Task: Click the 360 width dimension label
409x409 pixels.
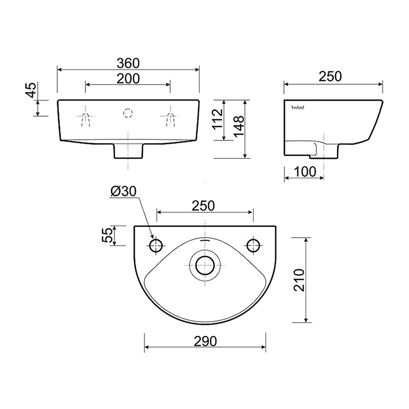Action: (x=128, y=63)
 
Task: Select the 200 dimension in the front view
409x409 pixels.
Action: (x=128, y=78)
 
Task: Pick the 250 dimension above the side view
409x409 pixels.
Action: (x=330, y=77)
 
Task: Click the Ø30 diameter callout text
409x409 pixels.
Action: (x=123, y=191)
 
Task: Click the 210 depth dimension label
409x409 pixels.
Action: (x=301, y=279)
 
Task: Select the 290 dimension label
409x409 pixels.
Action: (x=204, y=342)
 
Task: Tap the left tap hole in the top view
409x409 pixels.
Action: (x=156, y=245)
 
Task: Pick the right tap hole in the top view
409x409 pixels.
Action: (x=253, y=245)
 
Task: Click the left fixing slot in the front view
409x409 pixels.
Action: (x=86, y=118)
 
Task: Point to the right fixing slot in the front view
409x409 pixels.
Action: (x=170, y=118)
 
